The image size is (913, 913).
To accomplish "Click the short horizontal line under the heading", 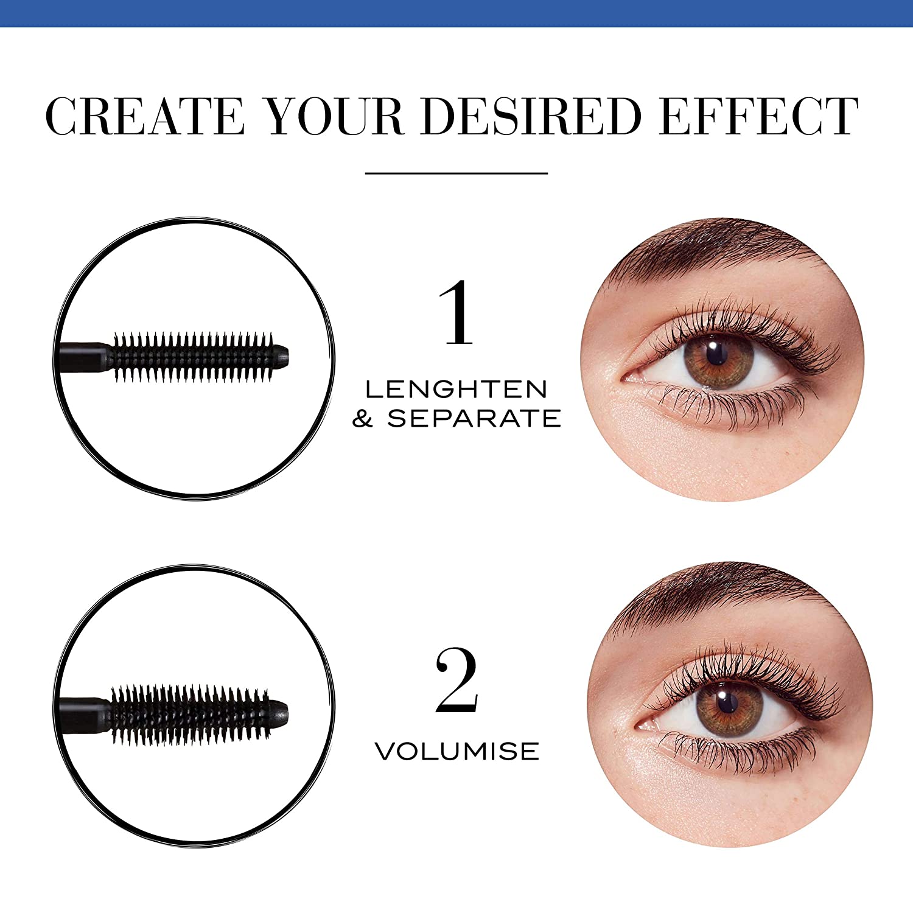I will point(456,173).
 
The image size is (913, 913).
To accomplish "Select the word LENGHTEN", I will point(456,390).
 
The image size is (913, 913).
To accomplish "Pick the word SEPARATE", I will point(474,419).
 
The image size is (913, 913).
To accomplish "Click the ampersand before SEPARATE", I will point(363,419).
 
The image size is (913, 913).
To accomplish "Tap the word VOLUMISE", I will point(456,751).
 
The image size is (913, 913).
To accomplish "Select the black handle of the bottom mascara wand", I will point(82,713).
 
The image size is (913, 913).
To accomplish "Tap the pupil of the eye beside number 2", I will point(726,703).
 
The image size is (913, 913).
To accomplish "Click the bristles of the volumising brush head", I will point(189,713).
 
